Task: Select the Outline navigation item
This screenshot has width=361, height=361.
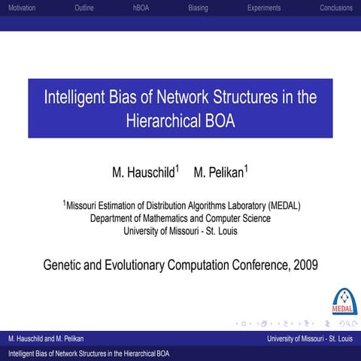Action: (84, 8)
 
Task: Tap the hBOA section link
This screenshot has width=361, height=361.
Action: (141, 8)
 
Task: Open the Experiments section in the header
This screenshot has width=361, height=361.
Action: (263, 8)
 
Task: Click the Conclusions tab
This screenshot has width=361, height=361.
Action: (335, 8)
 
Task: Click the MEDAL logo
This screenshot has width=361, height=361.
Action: (344, 301)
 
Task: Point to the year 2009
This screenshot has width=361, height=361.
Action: (305, 265)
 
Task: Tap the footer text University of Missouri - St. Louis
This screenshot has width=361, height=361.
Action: (309, 339)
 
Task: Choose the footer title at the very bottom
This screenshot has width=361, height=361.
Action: (89, 353)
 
